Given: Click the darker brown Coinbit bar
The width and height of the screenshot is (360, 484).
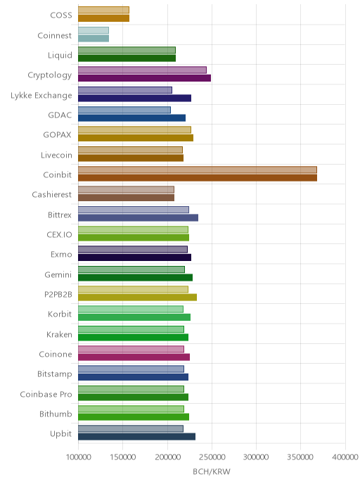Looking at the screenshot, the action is pyautogui.click(x=198, y=178).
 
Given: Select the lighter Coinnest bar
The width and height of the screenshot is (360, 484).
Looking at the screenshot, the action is pyautogui.click(x=94, y=30).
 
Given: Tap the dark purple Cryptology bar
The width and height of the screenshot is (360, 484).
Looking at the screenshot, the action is pyautogui.click(x=144, y=78).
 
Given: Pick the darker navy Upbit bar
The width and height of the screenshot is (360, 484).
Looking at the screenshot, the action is pyautogui.click(x=136, y=437).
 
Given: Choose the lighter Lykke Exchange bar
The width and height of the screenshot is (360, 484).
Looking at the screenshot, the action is pyautogui.click(x=125, y=90).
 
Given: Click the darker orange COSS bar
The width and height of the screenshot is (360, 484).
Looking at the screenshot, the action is pyautogui.click(x=103, y=18).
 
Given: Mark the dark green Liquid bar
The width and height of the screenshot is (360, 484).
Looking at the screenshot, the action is pyautogui.click(x=127, y=58).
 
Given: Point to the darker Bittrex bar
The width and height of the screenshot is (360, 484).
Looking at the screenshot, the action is pyautogui.click(x=139, y=217).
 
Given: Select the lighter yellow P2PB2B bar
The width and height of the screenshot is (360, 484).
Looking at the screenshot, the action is pyautogui.click(x=134, y=290).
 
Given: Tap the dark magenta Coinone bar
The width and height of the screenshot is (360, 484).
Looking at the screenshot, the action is pyautogui.click(x=134, y=357).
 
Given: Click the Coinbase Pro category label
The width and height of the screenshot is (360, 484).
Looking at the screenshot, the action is pyautogui.click(x=46, y=394).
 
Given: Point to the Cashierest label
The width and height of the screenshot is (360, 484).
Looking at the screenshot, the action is pyautogui.click(x=52, y=194).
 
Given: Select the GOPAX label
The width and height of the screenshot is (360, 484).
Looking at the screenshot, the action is pyautogui.click(x=58, y=134).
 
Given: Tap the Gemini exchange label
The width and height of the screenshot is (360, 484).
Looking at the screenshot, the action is pyautogui.click(x=58, y=274).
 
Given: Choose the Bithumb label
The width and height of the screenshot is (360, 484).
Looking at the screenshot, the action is pyautogui.click(x=56, y=414).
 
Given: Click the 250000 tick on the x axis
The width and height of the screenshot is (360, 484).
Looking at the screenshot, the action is pyautogui.click(x=212, y=457).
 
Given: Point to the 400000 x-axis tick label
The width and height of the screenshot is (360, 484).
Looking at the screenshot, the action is pyautogui.click(x=345, y=457).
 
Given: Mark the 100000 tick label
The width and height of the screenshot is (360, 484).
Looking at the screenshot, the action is pyautogui.click(x=79, y=457).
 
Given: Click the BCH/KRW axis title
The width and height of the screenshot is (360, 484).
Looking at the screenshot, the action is pyautogui.click(x=212, y=471).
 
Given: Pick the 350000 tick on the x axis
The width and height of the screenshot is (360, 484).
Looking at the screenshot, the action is pyautogui.click(x=300, y=457).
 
